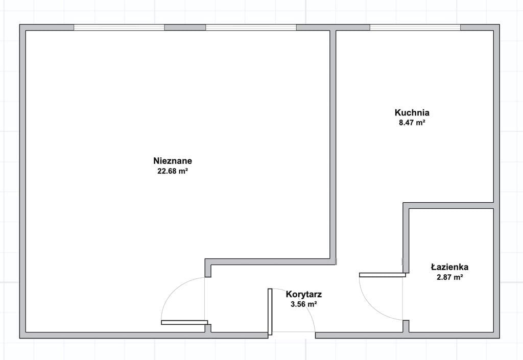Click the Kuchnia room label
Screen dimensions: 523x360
[x=412, y=112]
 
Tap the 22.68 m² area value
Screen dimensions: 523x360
[x=173, y=172]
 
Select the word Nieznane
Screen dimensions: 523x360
[x=173, y=161]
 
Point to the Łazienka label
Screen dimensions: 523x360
[x=449, y=267]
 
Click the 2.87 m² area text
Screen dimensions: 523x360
[x=449, y=277]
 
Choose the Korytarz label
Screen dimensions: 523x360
[x=304, y=294]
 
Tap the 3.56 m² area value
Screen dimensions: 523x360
[x=304, y=304]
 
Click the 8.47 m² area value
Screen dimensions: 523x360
[x=412, y=123]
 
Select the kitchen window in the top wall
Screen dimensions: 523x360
[x=415, y=28]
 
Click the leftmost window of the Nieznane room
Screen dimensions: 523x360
[x=119, y=28]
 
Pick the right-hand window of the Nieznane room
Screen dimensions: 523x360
[x=251, y=28]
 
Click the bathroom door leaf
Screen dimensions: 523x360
[x=382, y=275]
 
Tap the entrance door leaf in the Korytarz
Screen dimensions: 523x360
[x=270, y=311]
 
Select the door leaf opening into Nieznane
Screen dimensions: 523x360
[x=184, y=322]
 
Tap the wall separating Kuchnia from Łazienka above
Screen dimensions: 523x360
[x=448, y=205]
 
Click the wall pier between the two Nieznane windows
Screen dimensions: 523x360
[x=185, y=28]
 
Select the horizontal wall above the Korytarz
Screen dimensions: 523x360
[x=271, y=261]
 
